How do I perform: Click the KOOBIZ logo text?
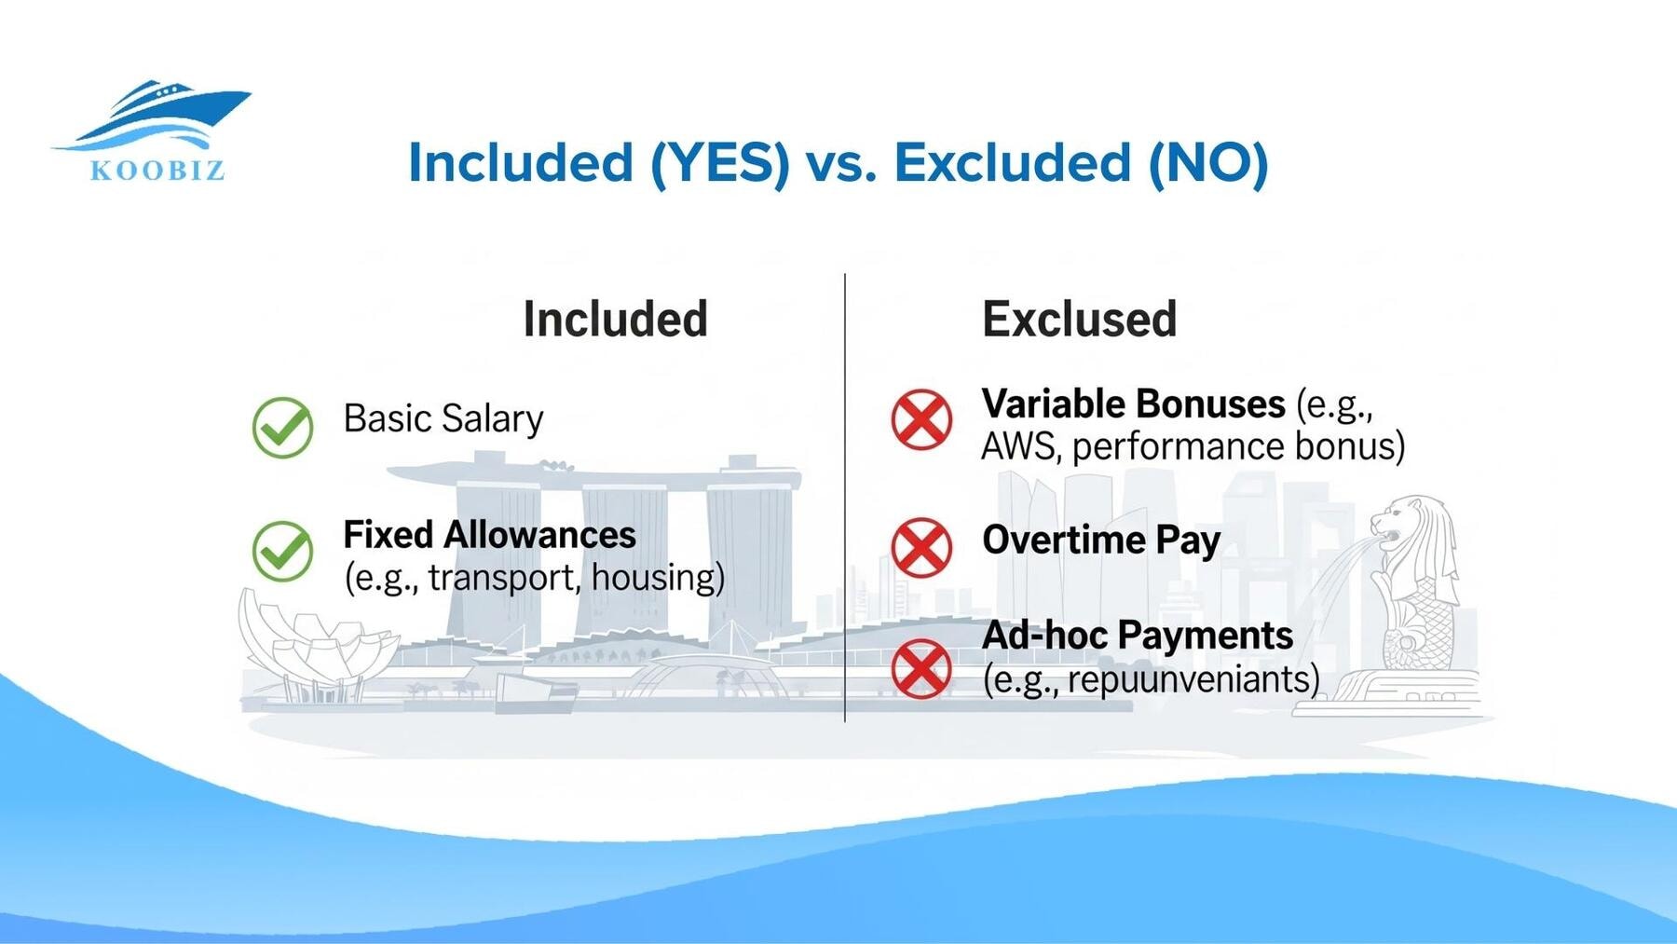[157, 171]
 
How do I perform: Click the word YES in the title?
[720, 162]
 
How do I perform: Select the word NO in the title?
[1207, 162]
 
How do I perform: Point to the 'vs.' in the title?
[841, 164]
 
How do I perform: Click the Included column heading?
[615, 320]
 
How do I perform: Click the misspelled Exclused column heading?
[1079, 320]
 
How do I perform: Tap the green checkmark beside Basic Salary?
[282, 427]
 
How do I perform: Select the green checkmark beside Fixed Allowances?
[282, 551]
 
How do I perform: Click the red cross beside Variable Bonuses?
[921, 419]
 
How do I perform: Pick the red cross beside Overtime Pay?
[921, 547]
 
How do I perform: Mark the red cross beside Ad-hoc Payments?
[921, 668]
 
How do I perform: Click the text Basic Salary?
[443, 419]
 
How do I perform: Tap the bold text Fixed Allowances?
[489, 535]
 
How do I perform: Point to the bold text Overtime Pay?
[1100, 540]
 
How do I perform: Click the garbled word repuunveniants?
[1193, 679]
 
